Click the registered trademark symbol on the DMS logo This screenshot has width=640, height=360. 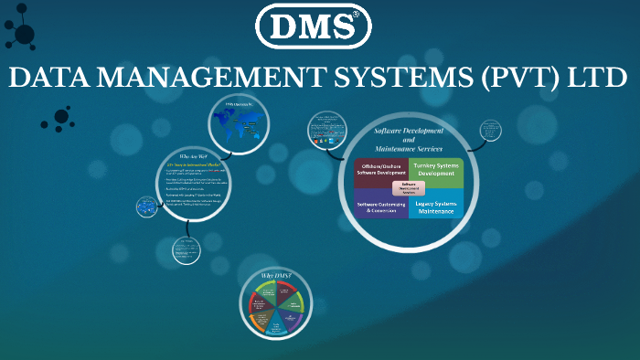[357, 15]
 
